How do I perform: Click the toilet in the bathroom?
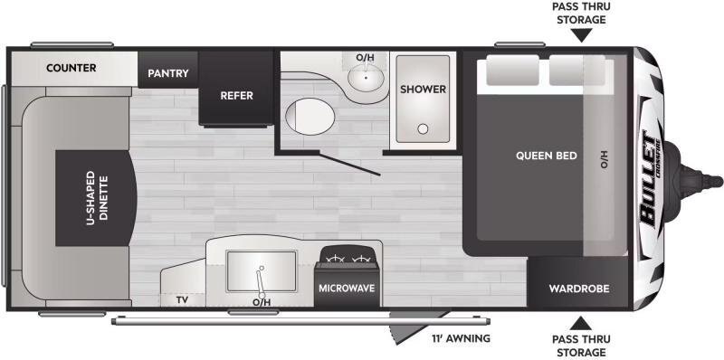click(310, 116)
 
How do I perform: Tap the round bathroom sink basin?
click(367, 77)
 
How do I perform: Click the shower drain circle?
click(423, 128)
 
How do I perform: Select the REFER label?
click(236, 96)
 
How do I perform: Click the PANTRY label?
click(168, 73)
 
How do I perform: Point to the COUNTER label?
click(71, 68)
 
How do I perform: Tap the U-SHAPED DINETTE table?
click(96, 197)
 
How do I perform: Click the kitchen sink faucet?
click(260, 282)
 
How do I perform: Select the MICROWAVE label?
click(347, 288)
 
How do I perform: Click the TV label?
click(182, 300)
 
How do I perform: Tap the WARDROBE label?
click(579, 289)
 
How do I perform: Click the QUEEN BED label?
click(547, 156)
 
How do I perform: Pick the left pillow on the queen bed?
click(512, 71)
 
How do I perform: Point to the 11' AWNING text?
click(461, 338)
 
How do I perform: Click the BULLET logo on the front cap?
click(650, 181)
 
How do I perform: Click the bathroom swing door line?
click(349, 165)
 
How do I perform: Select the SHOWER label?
click(423, 89)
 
